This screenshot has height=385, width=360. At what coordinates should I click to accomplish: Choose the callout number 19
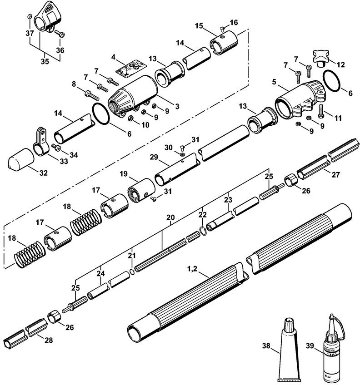[123, 173]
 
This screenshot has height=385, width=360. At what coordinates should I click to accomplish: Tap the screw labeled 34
[56, 148]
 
